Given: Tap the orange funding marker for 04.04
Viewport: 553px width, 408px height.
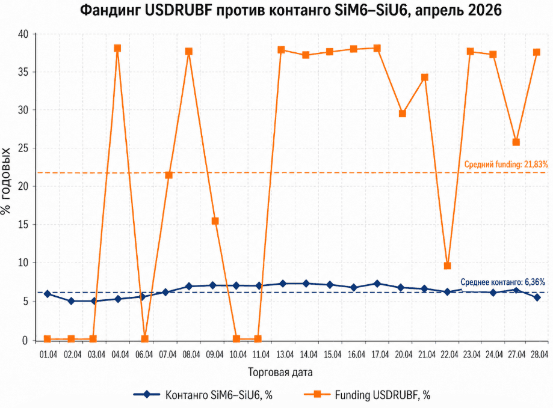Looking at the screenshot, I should [117, 48].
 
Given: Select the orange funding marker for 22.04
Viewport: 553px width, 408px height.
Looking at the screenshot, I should [447, 266].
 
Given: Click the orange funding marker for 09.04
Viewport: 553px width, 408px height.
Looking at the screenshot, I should [215, 221].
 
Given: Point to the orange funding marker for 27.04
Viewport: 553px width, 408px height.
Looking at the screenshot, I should [516, 142].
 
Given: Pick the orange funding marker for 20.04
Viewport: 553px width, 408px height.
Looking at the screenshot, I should [403, 114].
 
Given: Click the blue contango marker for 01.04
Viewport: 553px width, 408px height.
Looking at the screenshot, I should [47, 294].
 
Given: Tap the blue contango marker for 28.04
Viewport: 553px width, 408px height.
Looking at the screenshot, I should [537, 297].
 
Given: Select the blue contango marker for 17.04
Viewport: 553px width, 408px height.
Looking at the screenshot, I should [377, 284].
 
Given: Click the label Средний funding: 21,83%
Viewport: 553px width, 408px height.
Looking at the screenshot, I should [506, 164].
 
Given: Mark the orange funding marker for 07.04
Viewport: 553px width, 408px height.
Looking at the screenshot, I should [169, 175].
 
